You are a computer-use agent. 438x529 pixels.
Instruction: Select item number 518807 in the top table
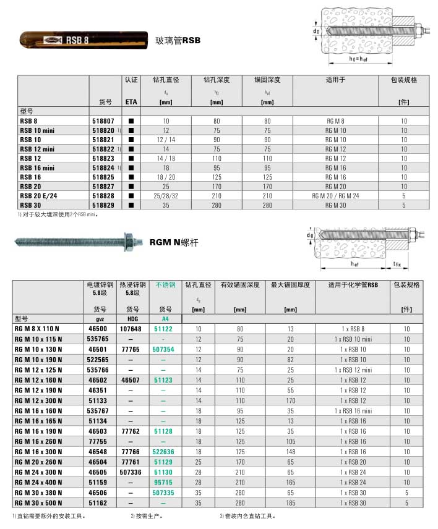[103, 122]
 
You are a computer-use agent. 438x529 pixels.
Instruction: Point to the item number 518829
[103, 205]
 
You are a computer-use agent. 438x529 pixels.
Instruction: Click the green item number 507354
[163, 349]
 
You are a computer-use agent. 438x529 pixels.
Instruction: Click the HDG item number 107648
[131, 329]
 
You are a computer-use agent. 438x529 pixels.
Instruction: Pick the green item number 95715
[163, 481]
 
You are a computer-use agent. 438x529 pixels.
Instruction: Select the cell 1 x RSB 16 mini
[353, 409]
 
